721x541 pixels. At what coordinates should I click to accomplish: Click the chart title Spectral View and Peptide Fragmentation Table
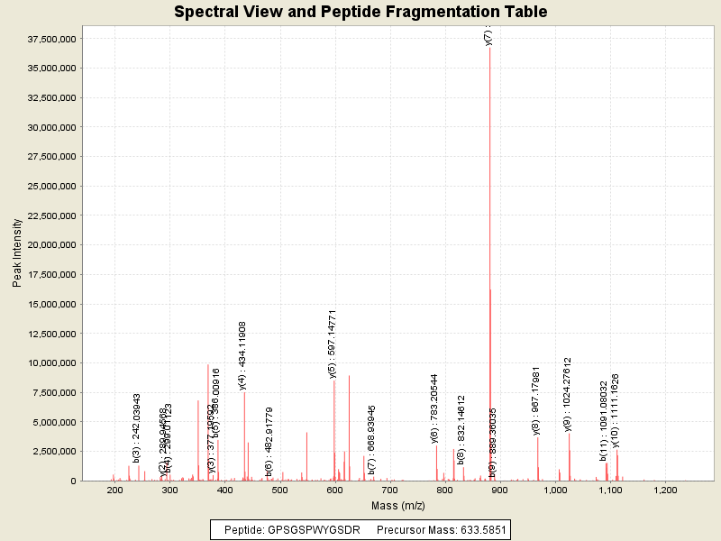(x=360, y=12)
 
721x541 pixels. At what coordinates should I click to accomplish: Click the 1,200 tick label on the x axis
(x=665, y=490)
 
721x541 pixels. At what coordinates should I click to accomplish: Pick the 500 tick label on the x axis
(x=280, y=490)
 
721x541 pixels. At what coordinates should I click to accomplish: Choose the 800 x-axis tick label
(x=445, y=490)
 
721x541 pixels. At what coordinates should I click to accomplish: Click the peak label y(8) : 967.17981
(x=536, y=400)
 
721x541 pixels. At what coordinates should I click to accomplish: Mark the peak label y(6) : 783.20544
(x=434, y=408)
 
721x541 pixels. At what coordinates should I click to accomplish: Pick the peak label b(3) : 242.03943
(x=137, y=428)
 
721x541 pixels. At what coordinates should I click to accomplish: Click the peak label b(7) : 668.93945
(x=371, y=439)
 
